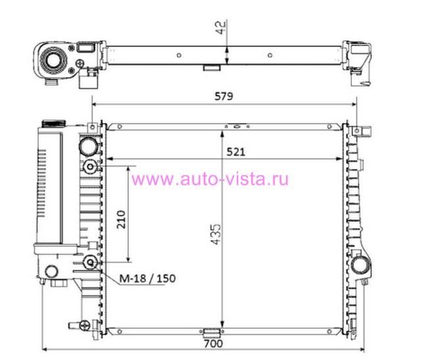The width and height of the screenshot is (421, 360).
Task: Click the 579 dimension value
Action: click(x=224, y=96)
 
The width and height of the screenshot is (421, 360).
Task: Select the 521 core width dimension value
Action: click(x=235, y=152)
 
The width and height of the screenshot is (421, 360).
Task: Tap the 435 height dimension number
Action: click(x=216, y=234)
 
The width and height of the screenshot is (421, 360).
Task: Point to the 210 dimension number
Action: click(x=121, y=219)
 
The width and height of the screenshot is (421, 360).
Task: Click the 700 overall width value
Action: click(x=213, y=344)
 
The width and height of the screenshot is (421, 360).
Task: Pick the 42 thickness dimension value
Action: click(x=221, y=28)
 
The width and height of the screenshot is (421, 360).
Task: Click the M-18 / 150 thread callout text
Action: click(x=147, y=278)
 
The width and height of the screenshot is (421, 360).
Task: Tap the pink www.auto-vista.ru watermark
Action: click(x=210, y=179)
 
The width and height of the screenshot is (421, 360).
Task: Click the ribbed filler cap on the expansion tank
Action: click(x=54, y=124)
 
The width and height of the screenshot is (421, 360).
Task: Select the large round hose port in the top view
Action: click(x=53, y=60)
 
